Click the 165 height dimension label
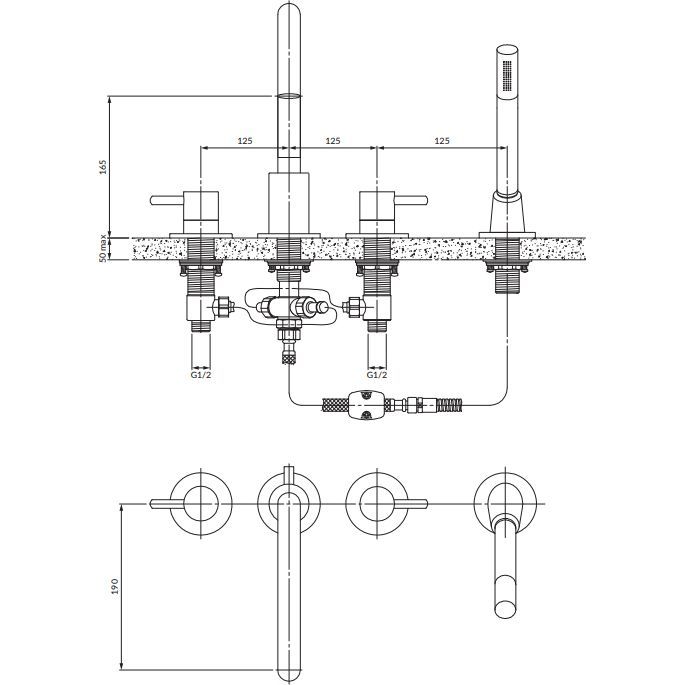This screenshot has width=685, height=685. [103, 167]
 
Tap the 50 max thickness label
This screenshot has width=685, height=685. [103, 248]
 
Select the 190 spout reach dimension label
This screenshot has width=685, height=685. [115, 586]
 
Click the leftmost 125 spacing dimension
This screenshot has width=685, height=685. [245, 141]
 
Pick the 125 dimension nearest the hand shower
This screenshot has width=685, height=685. [442, 141]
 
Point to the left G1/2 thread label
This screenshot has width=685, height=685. [201, 375]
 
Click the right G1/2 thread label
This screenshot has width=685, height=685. [377, 375]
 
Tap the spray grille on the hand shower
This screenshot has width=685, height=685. [507, 76]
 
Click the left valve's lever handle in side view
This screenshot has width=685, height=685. [166, 200]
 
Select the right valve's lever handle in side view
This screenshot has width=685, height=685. [411, 200]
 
